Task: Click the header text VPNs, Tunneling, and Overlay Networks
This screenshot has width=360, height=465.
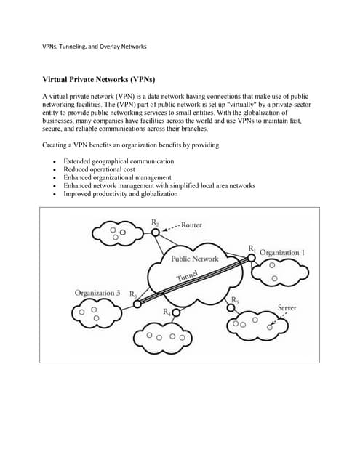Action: pos(95,46)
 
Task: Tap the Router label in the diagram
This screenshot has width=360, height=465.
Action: pos(191,225)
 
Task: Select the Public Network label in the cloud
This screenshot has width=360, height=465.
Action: pos(194,259)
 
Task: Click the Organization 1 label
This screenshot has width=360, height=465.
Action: pos(282,252)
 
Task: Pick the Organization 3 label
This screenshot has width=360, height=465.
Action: pos(97,292)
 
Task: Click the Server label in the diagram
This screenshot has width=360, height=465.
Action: pos(287,307)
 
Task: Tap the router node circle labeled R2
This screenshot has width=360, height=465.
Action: pos(156,232)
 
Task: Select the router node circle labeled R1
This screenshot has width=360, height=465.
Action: pos(251,257)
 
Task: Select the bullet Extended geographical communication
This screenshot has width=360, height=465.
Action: pos(119,160)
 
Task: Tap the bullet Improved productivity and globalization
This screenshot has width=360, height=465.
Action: pos(120,194)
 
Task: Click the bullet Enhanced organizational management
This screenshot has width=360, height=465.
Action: pos(117,177)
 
